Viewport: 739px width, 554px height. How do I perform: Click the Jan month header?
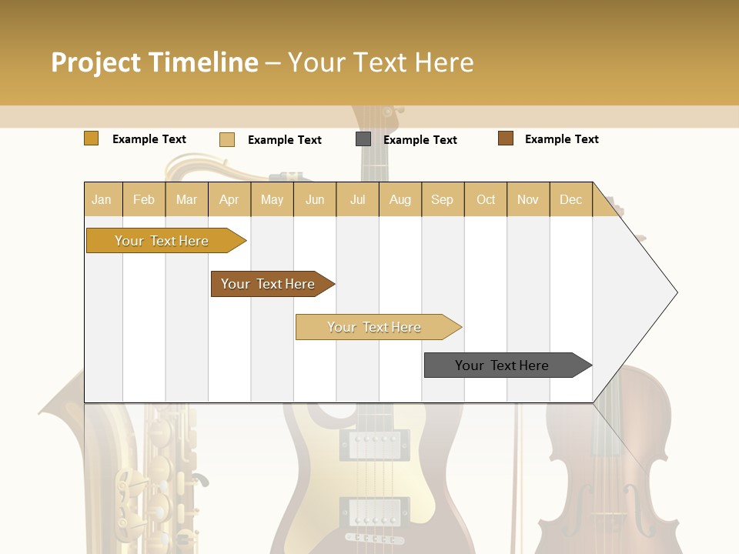click(x=102, y=199)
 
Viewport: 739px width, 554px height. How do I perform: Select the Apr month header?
click(x=229, y=199)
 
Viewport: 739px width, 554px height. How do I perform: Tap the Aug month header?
click(x=400, y=199)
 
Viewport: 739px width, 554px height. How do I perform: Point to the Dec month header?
click(x=570, y=199)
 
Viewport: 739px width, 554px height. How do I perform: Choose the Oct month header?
click(x=486, y=199)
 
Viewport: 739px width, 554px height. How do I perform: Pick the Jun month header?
click(x=315, y=199)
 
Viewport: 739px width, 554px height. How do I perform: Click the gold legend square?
click(x=91, y=138)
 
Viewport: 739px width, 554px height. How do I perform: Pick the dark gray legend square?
click(x=363, y=139)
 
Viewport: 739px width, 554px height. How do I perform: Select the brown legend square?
click(x=506, y=138)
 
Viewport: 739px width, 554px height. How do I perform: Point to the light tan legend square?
click(x=227, y=139)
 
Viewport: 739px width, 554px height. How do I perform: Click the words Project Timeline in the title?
click(x=154, y=62)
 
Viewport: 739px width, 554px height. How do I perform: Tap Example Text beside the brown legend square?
click(x=561, y=139)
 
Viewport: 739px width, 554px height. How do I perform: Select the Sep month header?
click(x=442, y=199)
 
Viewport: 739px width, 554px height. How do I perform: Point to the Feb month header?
click(x=144, y=199)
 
